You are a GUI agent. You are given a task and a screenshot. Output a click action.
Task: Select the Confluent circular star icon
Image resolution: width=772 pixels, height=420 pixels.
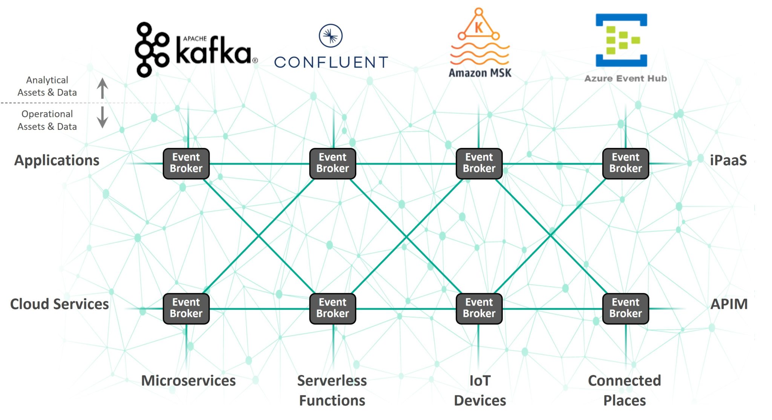pos(331,36)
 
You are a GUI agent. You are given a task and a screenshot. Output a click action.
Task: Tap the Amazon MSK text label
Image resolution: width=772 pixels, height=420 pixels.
pos(480,72)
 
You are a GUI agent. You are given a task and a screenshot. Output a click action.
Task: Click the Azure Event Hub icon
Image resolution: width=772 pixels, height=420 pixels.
pos(621,40)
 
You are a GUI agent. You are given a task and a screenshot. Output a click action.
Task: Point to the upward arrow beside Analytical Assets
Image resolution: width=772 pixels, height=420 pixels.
pos(102,88)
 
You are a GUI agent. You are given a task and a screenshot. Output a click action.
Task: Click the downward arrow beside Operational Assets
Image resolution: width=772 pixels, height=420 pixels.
pos(102,117)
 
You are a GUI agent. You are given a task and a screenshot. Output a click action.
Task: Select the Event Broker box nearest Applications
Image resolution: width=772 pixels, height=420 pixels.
pos(186,163)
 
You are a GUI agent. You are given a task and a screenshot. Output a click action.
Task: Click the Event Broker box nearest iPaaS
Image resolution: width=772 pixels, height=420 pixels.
pos(625,163)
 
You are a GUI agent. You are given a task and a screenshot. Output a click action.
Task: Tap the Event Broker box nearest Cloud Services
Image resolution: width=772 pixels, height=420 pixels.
pos(186,308)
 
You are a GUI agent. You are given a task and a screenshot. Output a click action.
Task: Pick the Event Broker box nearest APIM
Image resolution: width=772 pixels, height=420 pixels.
pos(625,308)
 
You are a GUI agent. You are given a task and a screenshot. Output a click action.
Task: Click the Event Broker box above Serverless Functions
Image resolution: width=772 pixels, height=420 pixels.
pos(332,308)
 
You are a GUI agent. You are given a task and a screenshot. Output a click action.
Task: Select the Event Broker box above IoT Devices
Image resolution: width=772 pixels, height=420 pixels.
pos(479,308)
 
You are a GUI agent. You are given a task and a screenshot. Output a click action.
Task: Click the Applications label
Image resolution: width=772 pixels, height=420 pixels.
pos(57,160)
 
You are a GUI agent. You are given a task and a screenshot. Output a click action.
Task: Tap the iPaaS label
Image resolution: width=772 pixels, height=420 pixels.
pos(728,160)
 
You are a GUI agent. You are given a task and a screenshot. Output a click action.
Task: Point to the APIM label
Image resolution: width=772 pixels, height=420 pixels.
pos(729,304)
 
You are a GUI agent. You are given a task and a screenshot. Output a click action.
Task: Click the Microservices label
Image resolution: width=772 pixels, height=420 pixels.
pos(188,380)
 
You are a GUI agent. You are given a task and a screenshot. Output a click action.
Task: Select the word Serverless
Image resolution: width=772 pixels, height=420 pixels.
pos(332,380)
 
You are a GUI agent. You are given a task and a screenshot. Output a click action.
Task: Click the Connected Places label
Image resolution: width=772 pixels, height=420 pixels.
pos(624,390)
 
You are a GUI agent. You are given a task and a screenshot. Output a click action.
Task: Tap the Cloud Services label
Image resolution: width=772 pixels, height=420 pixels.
pos(60,304)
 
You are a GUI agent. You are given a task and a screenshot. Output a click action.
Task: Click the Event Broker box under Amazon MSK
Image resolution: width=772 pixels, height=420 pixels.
pos(479,163)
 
